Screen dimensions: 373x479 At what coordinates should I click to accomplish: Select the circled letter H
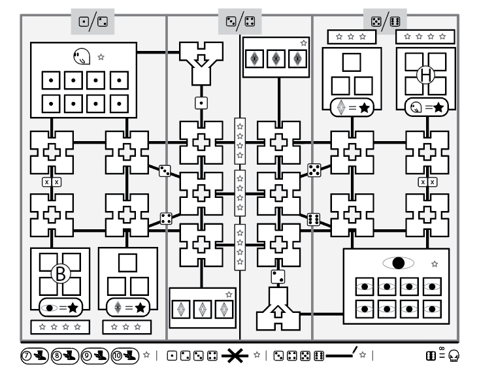(426, 76)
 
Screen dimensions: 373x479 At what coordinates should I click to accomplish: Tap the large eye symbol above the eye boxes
(398, 263)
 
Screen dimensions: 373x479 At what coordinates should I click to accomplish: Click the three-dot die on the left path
(165, 170)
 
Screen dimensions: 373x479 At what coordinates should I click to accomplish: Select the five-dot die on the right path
(314, 170)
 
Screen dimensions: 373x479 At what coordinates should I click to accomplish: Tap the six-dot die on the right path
(314, 219)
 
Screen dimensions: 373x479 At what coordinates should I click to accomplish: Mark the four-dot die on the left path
(165, 219)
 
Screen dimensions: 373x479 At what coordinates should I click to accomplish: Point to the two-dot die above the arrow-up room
(277, 276)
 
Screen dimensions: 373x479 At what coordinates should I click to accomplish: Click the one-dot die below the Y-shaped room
(201, 103)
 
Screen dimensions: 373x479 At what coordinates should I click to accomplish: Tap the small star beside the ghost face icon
(101, 57)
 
